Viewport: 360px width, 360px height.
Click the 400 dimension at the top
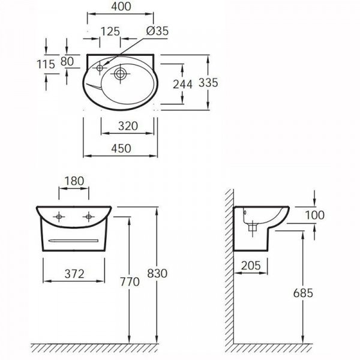coord(121,7)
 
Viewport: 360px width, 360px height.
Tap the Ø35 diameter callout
coord(157,31)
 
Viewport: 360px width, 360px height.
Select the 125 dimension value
coord(110,31)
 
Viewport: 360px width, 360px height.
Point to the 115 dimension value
coord(46,64)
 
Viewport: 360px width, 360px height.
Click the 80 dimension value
coord(67,61)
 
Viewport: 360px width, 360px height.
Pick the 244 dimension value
coord(182,84)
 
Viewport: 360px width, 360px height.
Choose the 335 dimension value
coord(208,83)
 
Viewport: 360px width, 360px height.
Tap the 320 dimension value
coord(128,126)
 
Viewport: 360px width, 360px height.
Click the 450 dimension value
coord(121,148)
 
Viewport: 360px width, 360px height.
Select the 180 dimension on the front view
coord(74,181)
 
